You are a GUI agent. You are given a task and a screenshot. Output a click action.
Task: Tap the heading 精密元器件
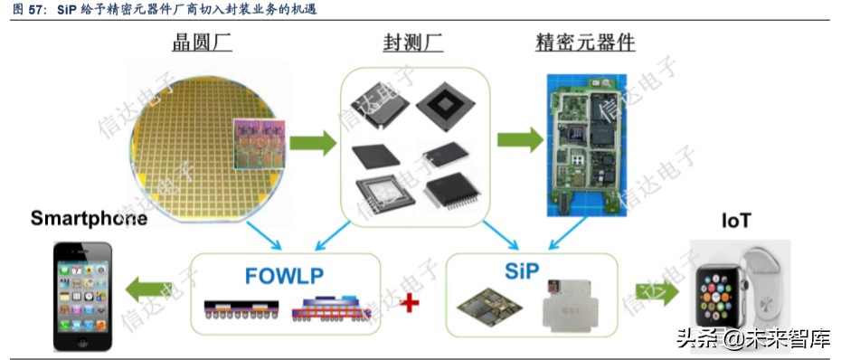pyautogui.click(x=586, y=43)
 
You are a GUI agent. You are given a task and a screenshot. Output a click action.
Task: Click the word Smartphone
pyautogui.click(x=89, y=218)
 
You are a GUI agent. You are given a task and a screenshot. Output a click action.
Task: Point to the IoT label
pyautogui.click(x=737, y=221)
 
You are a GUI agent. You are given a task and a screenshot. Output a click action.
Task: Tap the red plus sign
pyautogui.click(x=411, y=302)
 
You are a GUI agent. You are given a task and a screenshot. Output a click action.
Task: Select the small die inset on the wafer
pyautogui.click(x=256, y=144)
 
